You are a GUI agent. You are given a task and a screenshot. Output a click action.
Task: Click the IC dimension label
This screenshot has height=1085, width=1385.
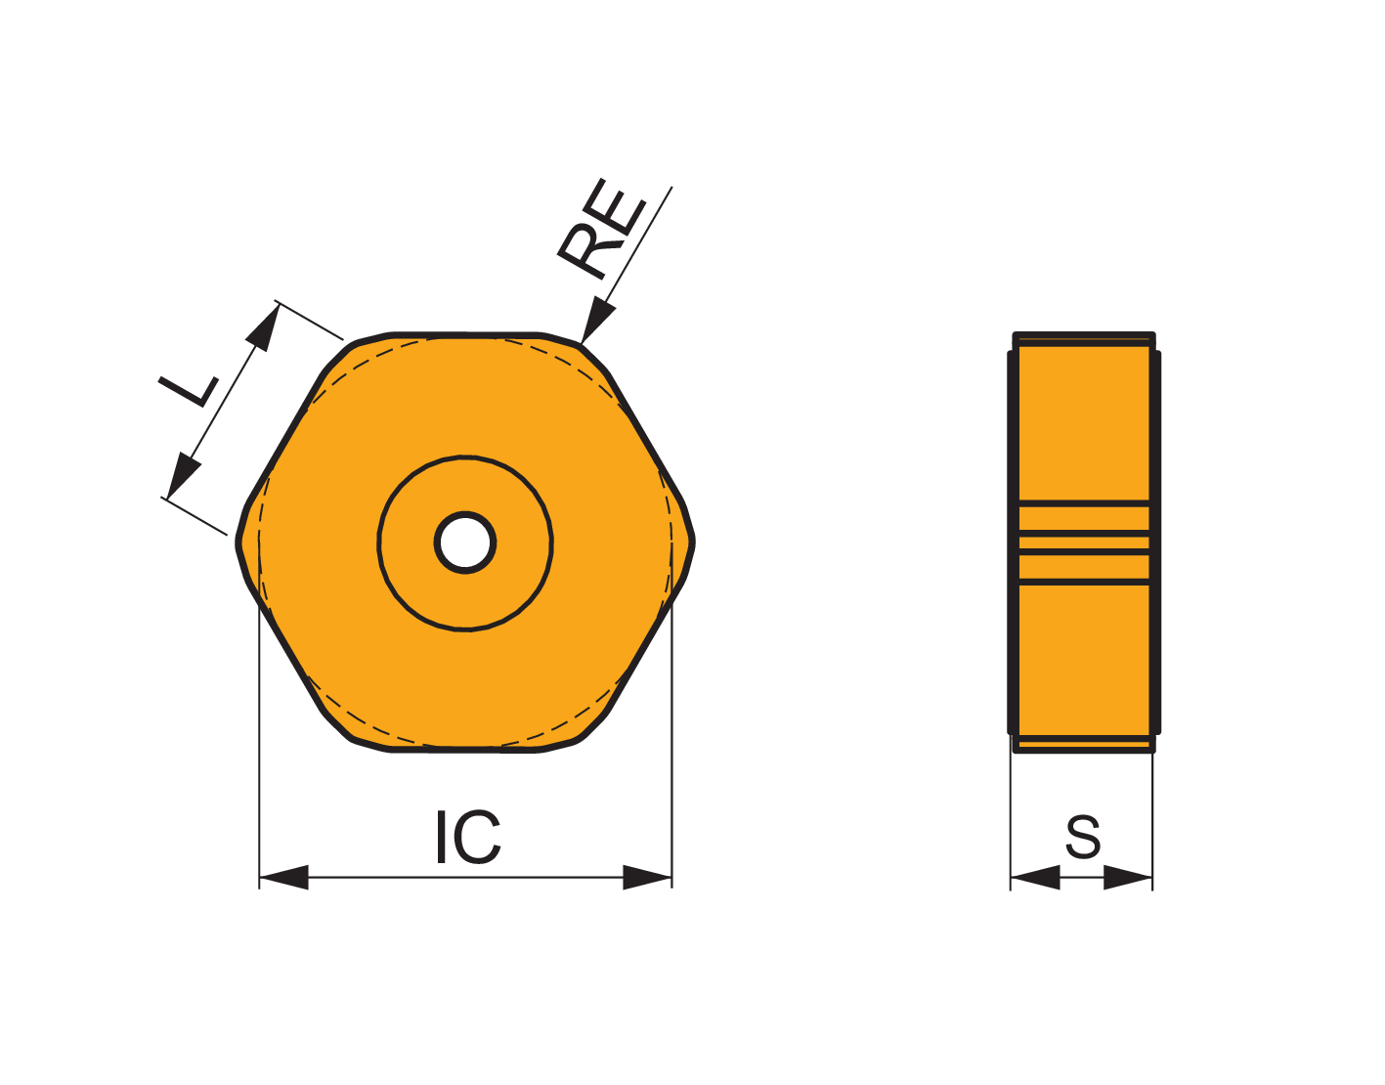coord(468,837)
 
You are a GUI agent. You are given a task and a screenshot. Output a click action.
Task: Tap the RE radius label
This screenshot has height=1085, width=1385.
coord(602,229)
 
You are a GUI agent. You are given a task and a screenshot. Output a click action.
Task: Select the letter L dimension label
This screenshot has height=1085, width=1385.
coord(189,391)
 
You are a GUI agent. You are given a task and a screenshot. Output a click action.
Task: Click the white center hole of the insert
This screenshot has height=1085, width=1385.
coord(465,542)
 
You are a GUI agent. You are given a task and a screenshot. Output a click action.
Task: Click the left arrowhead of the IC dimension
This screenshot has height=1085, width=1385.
coord(283,878)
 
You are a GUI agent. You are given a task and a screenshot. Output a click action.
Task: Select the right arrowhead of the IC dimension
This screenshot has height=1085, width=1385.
coord(647,878)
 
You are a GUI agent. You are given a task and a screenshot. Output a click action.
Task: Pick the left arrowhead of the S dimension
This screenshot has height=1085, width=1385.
coord(1035,878)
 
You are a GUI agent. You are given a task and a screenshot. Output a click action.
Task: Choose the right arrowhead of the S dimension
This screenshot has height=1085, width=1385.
coord(1128,878)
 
